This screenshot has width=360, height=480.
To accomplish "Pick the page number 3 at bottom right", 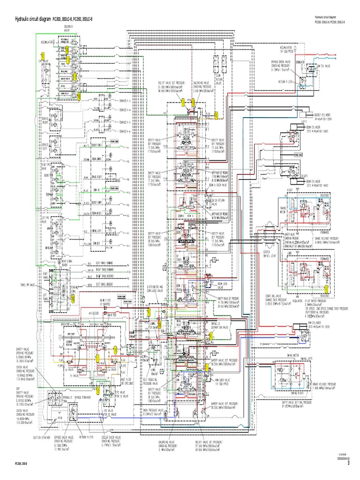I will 348,464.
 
